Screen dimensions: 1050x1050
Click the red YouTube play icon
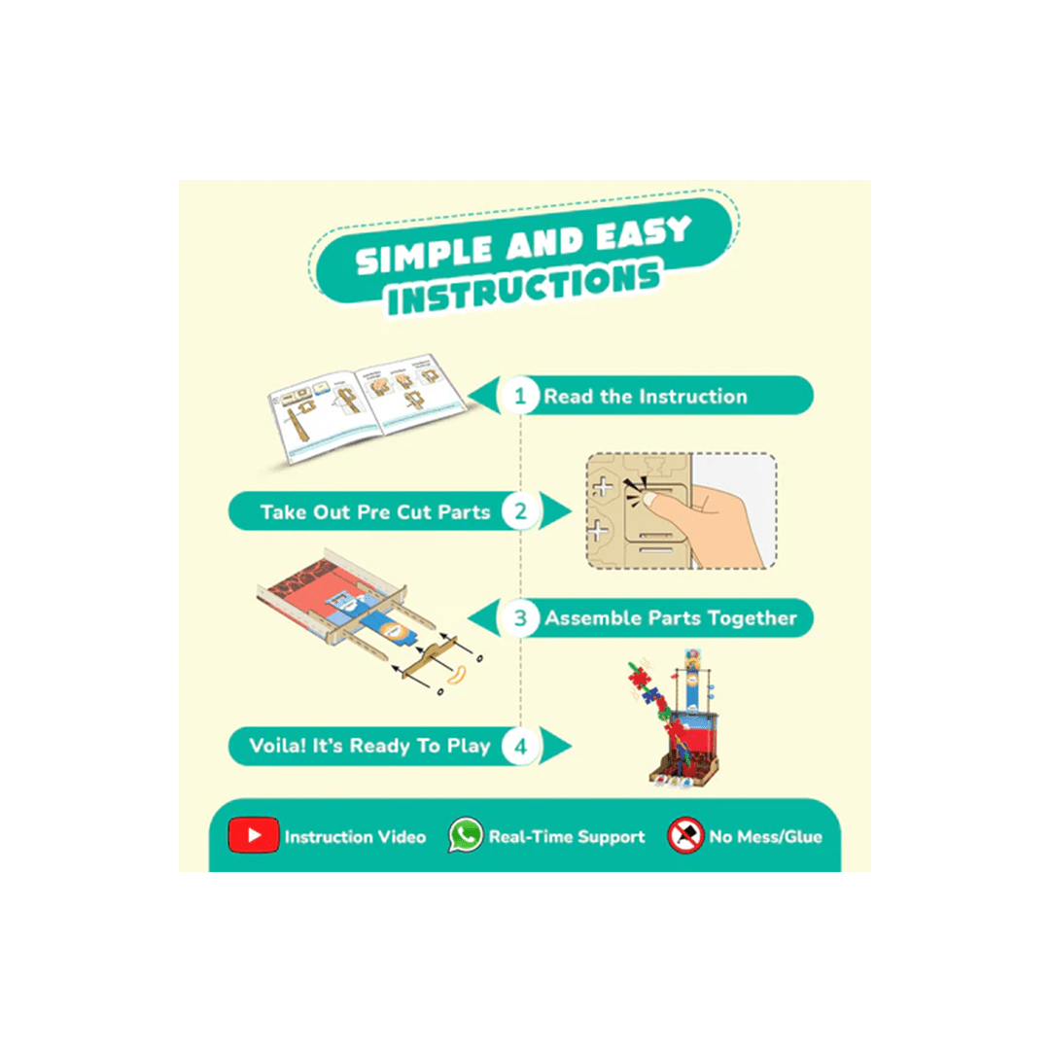254,835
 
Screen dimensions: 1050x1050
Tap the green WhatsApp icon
465,835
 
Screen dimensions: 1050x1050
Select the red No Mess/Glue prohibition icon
685,835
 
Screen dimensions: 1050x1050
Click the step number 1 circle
522,396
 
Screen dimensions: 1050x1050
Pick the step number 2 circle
522,511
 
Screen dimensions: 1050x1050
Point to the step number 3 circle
522,617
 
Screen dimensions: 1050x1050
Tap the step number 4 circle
522,747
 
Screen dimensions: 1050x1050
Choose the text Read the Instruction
646,397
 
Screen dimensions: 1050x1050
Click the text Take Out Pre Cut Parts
375,511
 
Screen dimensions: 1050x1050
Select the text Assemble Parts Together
670,618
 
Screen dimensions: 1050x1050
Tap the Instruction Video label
355,836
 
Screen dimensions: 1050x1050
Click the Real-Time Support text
566,836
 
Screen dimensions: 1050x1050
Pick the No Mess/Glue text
765,836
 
